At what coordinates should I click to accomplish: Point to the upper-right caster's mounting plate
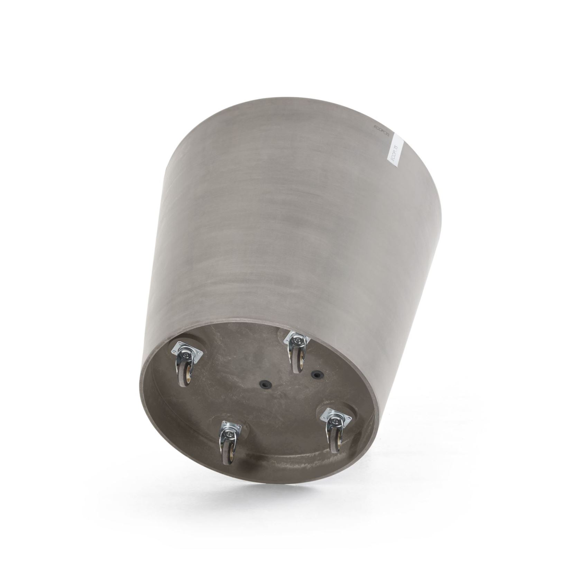(x=295, y=341)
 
